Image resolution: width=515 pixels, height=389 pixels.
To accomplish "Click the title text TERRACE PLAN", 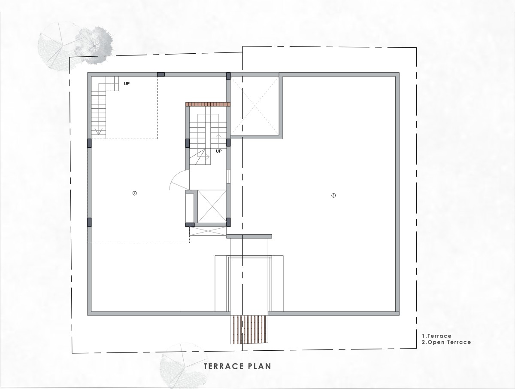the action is [237, 366].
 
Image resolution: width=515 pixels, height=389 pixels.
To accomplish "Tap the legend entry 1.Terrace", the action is [436, 336].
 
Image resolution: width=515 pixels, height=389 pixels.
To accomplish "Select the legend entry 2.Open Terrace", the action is [446, 342].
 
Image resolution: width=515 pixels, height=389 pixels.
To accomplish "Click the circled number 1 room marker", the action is [134, 193].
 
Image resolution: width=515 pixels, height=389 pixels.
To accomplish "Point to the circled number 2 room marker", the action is [333, 196].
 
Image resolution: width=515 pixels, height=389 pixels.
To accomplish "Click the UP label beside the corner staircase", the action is [127, 84].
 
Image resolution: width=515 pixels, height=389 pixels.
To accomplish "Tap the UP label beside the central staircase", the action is [219, 151].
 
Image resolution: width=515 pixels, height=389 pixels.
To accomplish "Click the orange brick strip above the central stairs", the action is [208, 104].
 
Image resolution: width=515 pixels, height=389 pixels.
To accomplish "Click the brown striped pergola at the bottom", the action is [249, 330].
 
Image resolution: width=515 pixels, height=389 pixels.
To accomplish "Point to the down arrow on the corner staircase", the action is [99, 132].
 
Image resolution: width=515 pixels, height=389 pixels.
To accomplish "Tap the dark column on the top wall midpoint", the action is [161, 74].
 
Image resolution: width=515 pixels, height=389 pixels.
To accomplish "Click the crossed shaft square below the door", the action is [212, 206].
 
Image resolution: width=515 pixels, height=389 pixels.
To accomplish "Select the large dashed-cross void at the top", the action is [254, 106].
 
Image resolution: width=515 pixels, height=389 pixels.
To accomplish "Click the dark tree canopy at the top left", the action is [94, 45].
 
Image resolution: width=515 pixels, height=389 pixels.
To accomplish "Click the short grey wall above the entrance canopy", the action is [249, 236].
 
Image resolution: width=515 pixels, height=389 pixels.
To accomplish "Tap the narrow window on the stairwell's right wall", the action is [228, 176].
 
